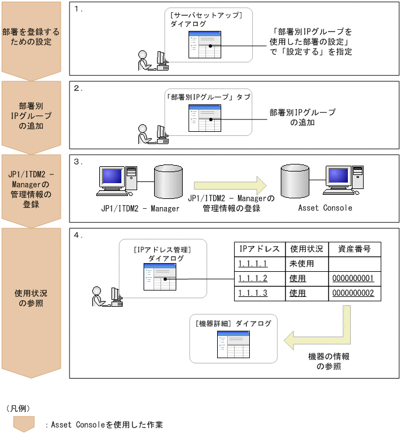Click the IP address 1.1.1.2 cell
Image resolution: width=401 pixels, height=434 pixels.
(253, 278)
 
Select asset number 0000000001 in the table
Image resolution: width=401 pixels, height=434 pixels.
(353, 278)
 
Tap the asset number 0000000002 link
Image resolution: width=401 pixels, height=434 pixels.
(353, 293)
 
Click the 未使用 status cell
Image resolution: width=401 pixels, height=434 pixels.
(302, 264)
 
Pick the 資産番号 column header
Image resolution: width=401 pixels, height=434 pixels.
(355, 249)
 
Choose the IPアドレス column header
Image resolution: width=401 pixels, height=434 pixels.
(260, 249)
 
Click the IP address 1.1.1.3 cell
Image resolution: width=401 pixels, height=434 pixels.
(253, 293)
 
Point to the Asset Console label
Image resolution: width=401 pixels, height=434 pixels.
(325, 208)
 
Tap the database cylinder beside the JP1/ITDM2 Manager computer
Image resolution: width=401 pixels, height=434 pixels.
(168, 183)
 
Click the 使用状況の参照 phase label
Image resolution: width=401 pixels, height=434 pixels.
(29, 299)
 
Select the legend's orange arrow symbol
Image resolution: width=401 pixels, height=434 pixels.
(24, 423)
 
